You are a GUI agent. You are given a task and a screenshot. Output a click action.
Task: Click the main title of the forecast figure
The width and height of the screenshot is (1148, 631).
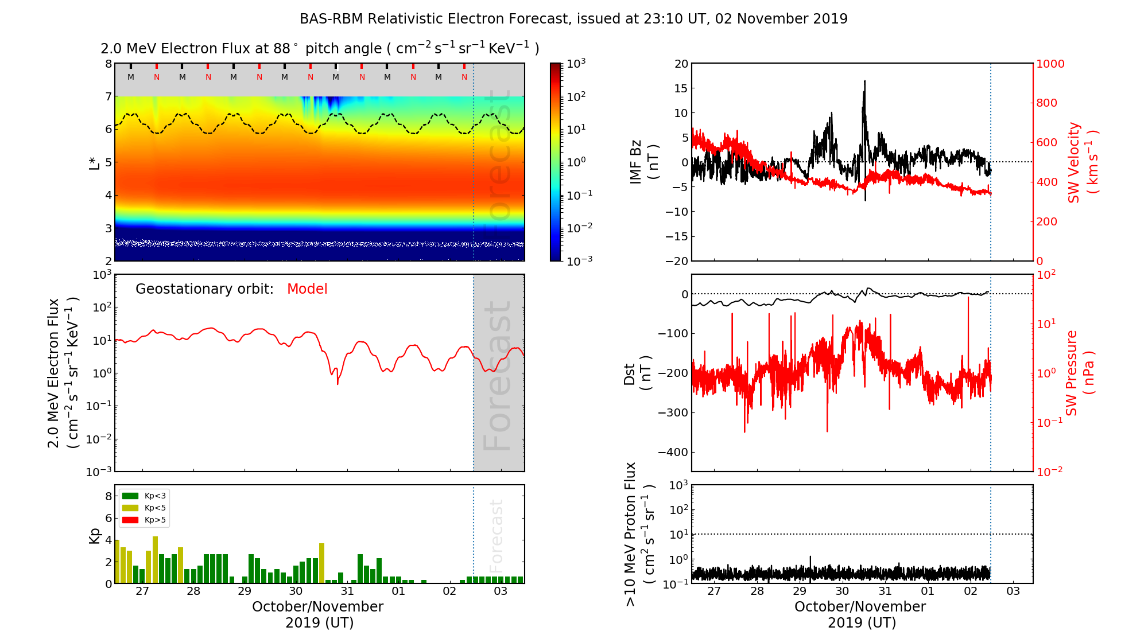coord(573,19)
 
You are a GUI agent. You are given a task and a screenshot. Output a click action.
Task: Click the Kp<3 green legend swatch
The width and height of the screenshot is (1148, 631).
coord(130,496)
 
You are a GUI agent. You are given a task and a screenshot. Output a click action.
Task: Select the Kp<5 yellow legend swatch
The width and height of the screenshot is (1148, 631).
coord(130,508)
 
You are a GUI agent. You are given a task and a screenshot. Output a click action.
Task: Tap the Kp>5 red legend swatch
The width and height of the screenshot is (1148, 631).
coord(130,520)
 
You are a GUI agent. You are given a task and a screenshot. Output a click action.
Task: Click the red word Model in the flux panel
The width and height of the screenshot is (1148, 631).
coord(307,289)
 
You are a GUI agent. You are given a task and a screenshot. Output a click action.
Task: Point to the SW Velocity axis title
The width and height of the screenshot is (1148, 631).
coord(1083,162)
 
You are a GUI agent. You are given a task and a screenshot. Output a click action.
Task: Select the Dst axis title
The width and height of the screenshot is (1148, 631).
coord(637,373)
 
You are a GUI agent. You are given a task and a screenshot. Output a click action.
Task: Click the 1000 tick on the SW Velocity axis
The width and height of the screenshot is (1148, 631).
coord(1050,64)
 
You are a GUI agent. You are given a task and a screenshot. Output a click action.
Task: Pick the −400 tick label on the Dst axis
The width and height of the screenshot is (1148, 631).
coord(673,452)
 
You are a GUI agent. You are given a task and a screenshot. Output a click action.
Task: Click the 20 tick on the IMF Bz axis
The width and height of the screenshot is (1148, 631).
coord(681,64)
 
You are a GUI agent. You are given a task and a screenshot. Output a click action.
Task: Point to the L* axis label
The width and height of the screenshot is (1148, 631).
coord(95,162)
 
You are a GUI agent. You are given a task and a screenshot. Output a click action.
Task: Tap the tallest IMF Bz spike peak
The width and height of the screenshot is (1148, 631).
coord(864,81)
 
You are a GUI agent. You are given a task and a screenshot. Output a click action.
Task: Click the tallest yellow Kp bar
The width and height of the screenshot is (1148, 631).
coord(155,559)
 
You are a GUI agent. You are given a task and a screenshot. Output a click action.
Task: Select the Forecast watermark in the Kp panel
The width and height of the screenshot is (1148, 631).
coord(497,535)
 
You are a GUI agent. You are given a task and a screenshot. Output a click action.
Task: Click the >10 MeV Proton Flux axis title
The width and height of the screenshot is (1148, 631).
coord(639,534)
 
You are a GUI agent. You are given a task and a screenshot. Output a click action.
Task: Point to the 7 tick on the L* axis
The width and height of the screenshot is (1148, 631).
coord(108,96)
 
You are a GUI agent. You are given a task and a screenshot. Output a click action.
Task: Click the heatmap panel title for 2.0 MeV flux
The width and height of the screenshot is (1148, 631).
coord(320,49)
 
